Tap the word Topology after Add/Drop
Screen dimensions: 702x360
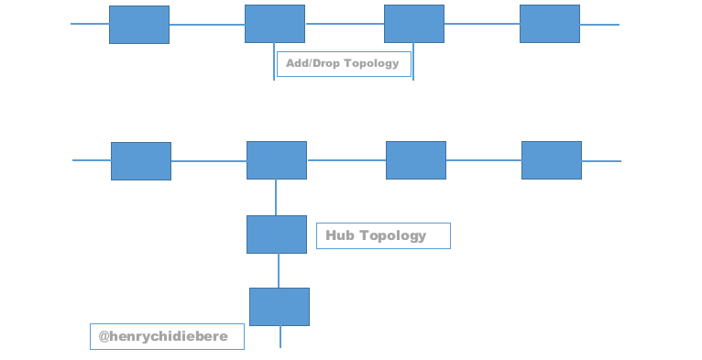(371, 64)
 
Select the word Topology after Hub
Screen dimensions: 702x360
(392, 236)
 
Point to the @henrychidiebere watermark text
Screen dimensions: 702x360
(163, 336)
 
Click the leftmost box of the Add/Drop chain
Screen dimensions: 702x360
(139, 25)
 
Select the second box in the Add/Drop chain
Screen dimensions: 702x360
(275, 24)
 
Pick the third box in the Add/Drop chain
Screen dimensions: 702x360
(414, 24)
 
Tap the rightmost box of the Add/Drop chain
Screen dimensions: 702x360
(550, 24)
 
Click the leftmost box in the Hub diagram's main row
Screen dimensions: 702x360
(141, 161)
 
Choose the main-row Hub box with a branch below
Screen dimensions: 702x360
(277, 160)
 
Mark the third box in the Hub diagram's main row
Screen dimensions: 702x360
(416, 160)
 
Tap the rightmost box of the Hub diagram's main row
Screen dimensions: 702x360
(552, 160)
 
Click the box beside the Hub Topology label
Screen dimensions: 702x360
(277, 235)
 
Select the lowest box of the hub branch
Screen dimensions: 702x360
(280, 307)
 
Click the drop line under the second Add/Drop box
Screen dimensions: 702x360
(274, 61)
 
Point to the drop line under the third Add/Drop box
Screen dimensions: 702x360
(413, 61)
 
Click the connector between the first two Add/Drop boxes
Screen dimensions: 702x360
(207, 25)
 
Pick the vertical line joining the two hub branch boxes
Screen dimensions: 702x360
(279, 270)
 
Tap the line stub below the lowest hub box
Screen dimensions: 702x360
(280, 337)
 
